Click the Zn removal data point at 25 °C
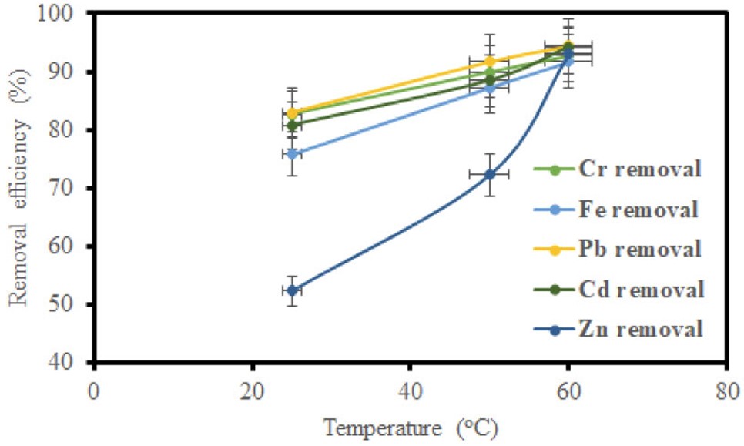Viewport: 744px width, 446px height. tap(292, 290)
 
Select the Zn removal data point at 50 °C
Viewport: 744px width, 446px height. tap(490, 174)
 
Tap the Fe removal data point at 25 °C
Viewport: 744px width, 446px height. tap(292, 153)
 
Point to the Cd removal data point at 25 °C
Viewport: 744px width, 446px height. tap(292, 125)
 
